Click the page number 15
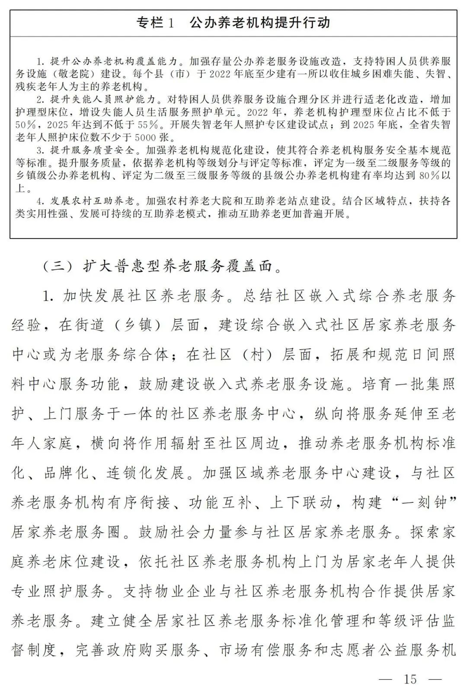pos(410,679)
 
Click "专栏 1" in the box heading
pos(155,22)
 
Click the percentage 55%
pos(147,125)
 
